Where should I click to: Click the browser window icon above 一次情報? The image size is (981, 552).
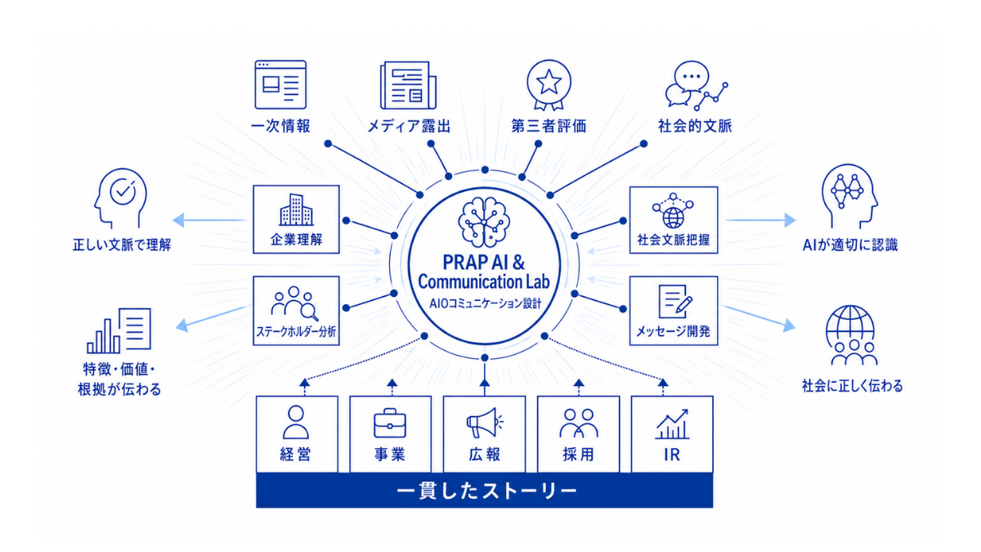[280, 84]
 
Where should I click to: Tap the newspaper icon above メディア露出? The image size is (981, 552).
[408, 85]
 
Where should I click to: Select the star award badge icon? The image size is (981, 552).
[549, 85]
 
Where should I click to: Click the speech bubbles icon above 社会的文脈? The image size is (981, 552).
[697, 85]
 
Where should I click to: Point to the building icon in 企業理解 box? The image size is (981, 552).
[296, 210]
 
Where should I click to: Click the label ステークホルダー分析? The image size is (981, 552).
[296, 332]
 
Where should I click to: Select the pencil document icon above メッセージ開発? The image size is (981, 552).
[675, 302]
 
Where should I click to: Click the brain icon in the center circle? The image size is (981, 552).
[484, 222]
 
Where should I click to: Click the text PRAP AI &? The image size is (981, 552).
[484, 263]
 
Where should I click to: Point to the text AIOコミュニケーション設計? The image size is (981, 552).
[485, 303]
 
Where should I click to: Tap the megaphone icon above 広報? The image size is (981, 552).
[485, 422]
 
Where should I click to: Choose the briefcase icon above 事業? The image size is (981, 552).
[390, 424]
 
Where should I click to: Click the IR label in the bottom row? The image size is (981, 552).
[672, 456]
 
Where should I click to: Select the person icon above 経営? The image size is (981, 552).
[296, 422]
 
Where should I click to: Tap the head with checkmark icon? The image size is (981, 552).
[120, 199]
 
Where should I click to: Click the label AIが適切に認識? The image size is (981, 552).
[850, 245]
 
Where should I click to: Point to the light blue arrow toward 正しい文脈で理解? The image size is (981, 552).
[209, 220]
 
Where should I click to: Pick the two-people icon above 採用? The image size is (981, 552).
[579, 424]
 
